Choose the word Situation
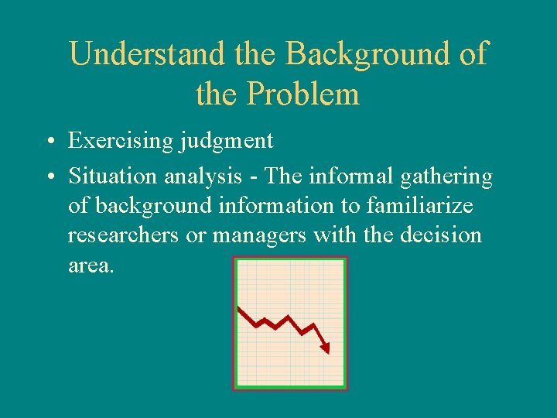pos(113,177)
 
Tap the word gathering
pos(446,177)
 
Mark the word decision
pos(441,235)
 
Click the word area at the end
pos(91,265)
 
